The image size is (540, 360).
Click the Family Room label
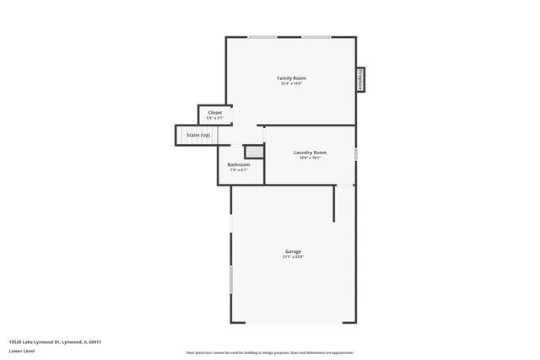pos(291,78)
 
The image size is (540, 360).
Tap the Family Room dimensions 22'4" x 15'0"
pos(291,83)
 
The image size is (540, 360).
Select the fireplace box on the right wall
pos(359,80)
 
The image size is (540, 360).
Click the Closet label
pos(215,112)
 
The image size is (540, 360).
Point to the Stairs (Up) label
pos(198,135)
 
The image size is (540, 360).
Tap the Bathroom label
pos(239,164)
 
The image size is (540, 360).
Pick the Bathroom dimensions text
pos(239,170)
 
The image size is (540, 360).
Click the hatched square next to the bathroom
pos(254,152)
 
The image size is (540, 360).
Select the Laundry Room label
pos(310,152)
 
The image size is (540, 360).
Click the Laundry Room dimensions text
pos(310,158)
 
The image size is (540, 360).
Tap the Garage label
pos(293,251)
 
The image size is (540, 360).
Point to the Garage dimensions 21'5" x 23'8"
pos(293,257)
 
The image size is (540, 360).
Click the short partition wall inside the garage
pos(335,203)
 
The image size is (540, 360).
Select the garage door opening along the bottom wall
pos(294,322)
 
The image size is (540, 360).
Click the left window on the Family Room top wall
pos(262,37)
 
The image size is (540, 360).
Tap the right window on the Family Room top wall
pos(316,37)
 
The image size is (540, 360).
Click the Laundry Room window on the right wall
pos(355,154)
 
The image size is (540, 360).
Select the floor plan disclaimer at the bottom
pos(270,352)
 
